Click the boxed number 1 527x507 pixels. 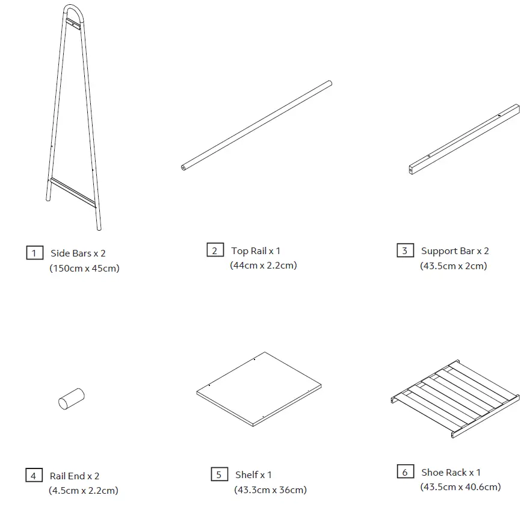34,253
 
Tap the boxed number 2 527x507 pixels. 215,250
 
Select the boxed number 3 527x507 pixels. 405,250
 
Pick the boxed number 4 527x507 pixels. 34,476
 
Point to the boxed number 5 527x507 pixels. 219,474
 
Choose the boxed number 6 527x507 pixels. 405,472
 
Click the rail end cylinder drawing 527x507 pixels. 71,399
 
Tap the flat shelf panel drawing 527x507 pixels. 259,388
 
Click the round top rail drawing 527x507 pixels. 257,125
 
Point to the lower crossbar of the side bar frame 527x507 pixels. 73,191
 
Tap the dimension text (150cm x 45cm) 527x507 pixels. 84,269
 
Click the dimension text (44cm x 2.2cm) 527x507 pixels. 263,266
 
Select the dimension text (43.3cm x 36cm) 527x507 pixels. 270,490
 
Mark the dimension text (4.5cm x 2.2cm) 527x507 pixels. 84,491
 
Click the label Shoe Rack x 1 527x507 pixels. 451,473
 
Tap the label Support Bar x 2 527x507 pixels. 455,251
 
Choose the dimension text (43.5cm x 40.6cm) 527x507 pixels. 460,487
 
